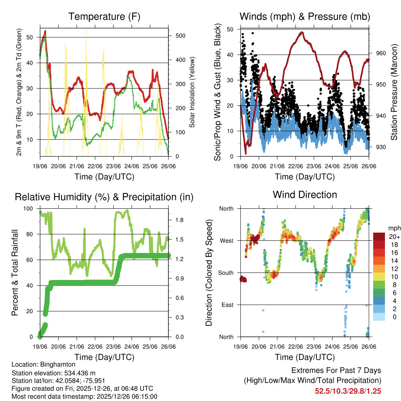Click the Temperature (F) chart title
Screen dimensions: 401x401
click(104, 16)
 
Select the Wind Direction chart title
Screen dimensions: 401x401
click(305, 194)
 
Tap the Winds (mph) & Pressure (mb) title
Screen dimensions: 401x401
click(305, 16)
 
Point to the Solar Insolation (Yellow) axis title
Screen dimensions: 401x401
click(192, 92)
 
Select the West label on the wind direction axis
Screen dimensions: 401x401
click(226, 240)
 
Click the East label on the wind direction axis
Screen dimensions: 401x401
click(227, 305)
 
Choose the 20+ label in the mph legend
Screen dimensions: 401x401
click(394, 236)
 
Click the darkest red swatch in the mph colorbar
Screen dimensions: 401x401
click(379, 237)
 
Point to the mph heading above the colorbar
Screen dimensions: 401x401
click(394, 228)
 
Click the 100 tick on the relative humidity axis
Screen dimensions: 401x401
click(33, 209)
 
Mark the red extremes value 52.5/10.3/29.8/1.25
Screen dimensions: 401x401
click(348, 391)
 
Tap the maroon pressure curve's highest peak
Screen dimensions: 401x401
click(301, 33)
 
